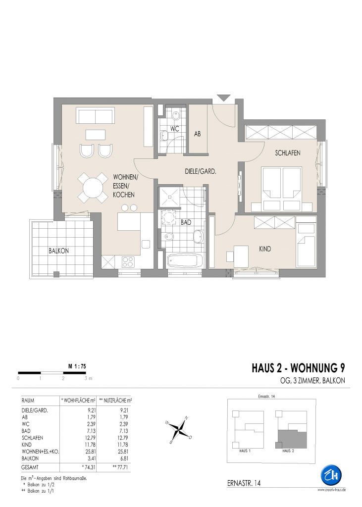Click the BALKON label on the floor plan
pos(58,251)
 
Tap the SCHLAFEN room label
pos(288,153)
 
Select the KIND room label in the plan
pos(265,249)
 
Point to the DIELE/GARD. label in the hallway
pos(201,172)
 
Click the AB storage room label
pos(197,133)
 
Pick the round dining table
pos(93,188)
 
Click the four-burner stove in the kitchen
pos(128,261)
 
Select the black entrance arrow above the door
pos(224,98)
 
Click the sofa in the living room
pos(96,115)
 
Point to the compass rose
pos(179,429)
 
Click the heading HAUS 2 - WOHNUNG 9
pos(298,368)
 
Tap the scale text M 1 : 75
pos(77,367)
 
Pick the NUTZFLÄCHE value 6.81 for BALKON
pos(123,458)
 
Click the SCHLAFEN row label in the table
pos(32,438)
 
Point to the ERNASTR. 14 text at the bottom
pos(244,483)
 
